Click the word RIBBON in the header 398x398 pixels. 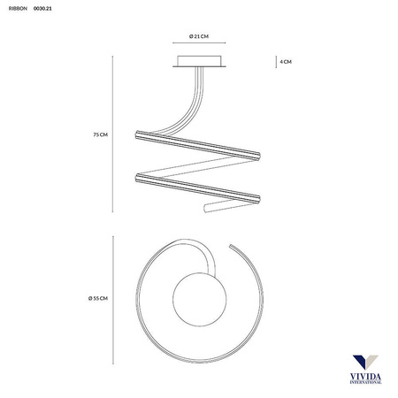[x=18, y=9]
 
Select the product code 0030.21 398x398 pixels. [x=42, y=9]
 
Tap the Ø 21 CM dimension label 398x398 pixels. [x=199, y=36]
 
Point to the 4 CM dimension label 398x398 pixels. [x=286, y=62]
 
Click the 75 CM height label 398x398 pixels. [x=101, y=134]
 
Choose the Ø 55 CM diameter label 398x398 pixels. [x=98, y=298]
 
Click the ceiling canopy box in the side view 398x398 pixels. [x=199, y=61]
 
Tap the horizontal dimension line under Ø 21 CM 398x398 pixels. [x=199, y=42]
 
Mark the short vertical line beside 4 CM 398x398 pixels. [x=276, y=62]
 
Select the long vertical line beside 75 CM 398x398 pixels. [x=112, y=134]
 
